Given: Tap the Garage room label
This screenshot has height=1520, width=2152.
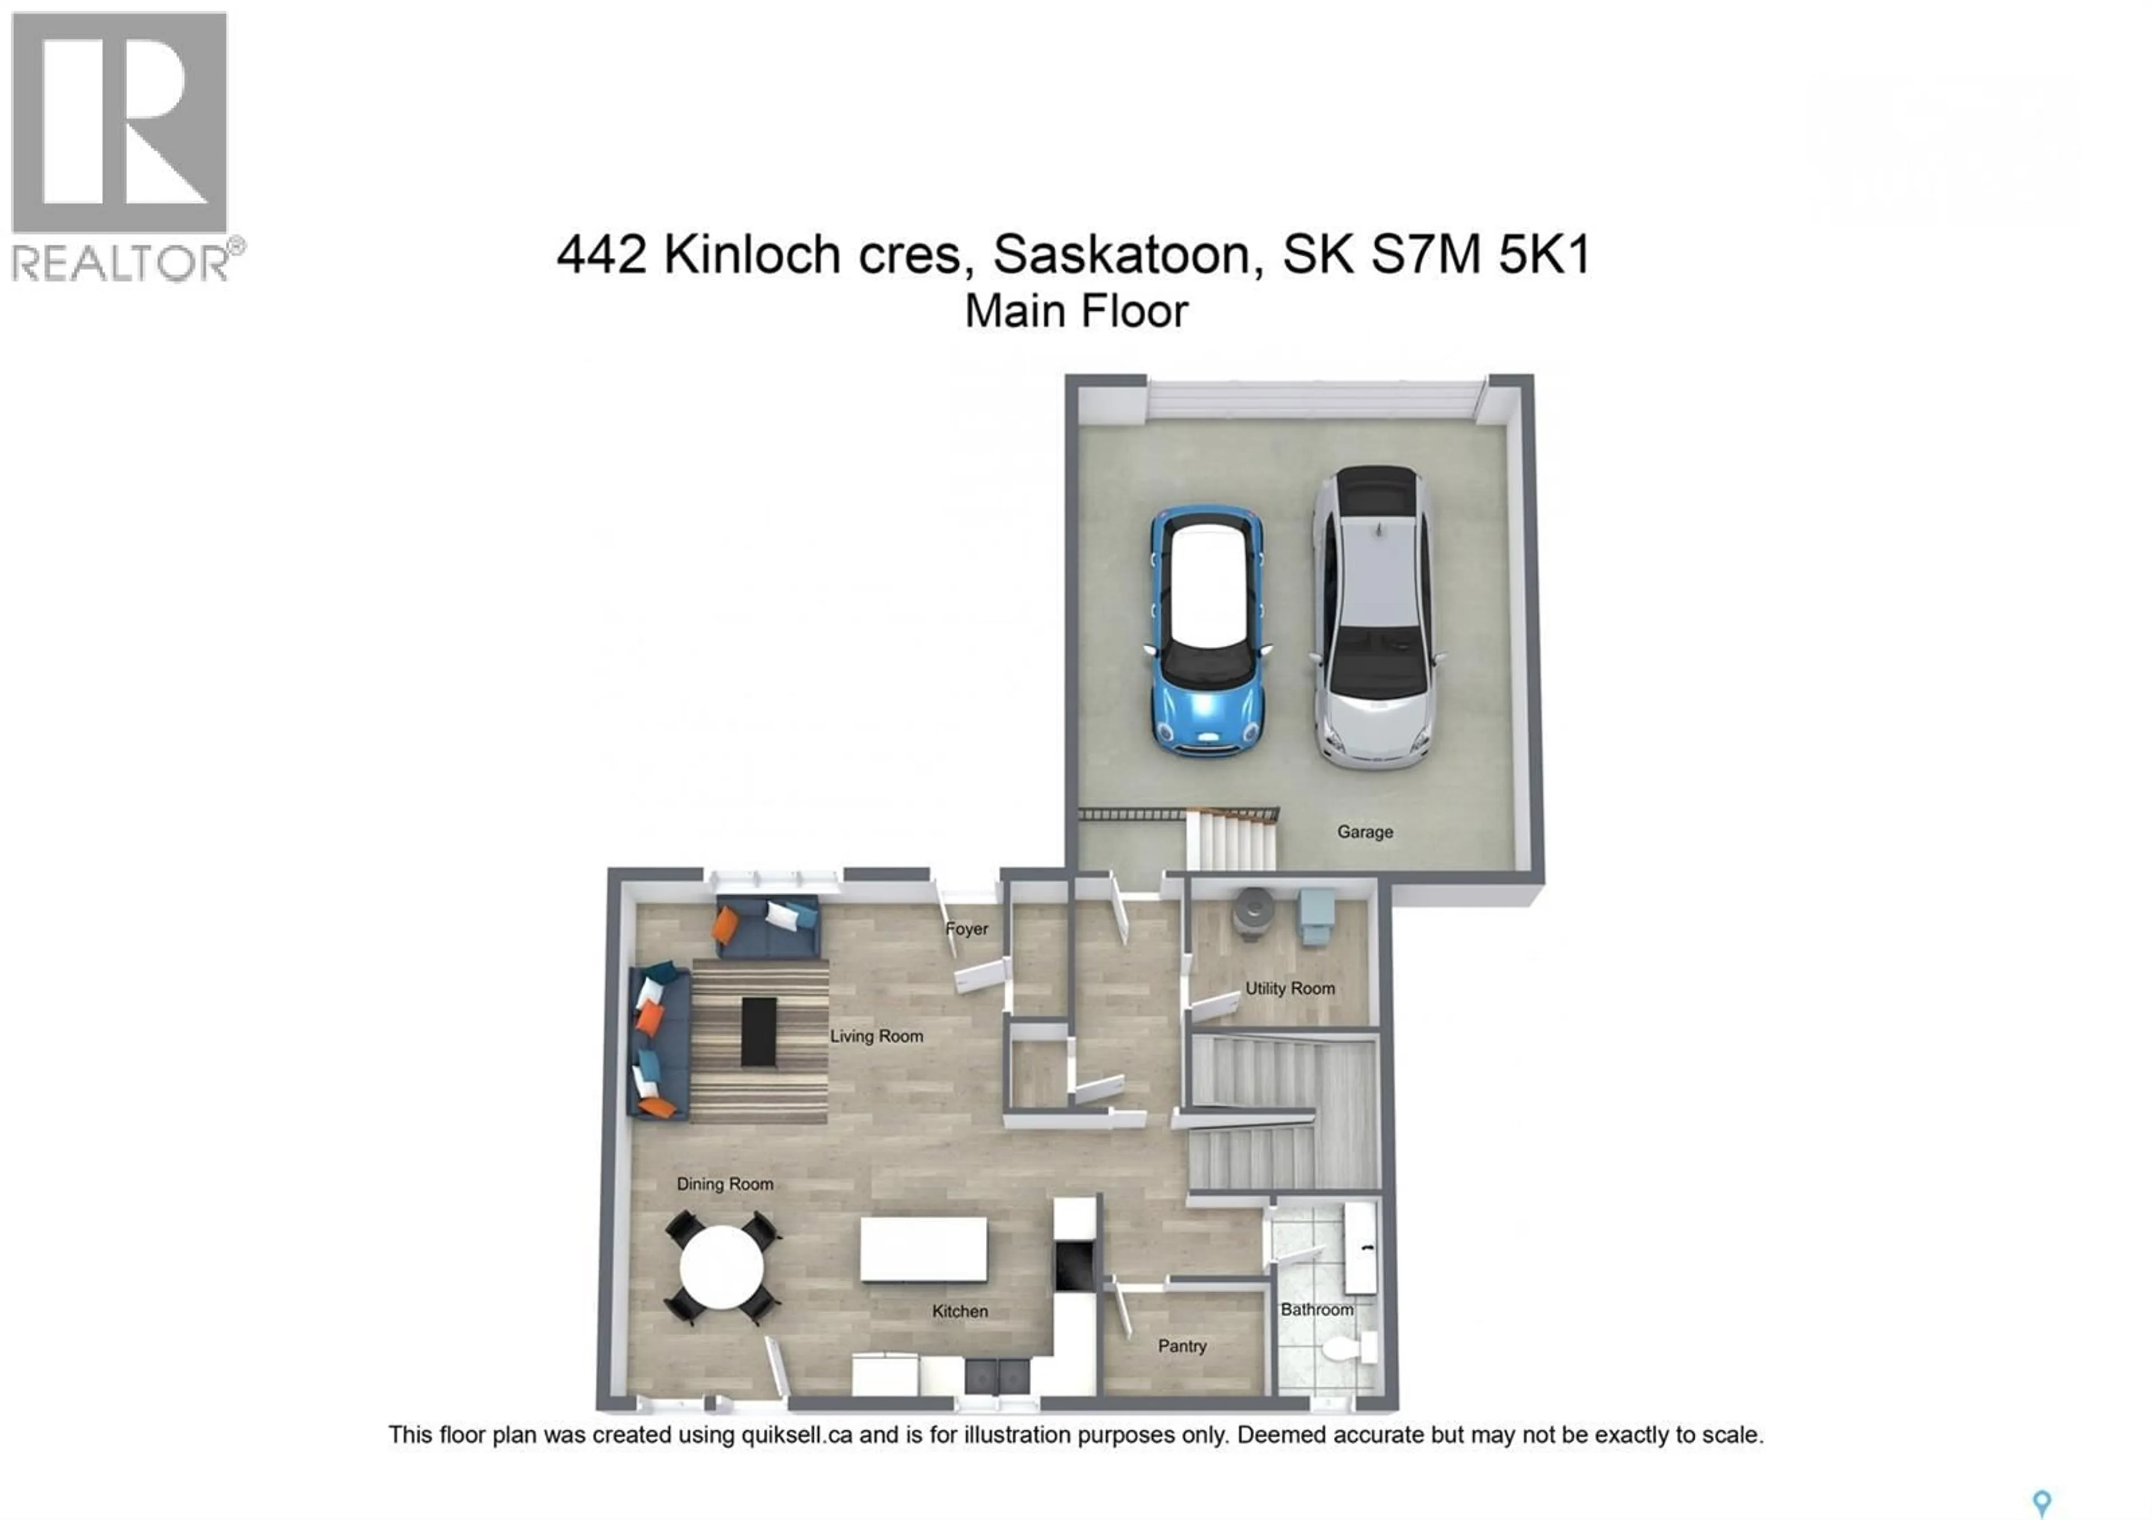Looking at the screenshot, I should coord(1365,832).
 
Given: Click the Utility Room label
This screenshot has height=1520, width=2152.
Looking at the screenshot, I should coord(1290,989).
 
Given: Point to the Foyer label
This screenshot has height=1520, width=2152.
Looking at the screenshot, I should coord(966,929).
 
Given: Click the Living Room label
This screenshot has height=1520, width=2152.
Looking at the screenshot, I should coord(876,1036).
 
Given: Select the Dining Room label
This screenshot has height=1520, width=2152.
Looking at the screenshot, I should coord(725,1184).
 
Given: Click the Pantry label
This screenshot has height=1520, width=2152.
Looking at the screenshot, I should coord(1182,1347).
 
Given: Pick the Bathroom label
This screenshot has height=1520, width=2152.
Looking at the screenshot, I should coord(1317,1310).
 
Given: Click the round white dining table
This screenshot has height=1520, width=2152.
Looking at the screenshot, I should coord(721,1268).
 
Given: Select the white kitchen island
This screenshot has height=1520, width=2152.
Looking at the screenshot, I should coord(923,1249).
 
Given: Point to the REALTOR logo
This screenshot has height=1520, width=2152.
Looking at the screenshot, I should coord(122,145).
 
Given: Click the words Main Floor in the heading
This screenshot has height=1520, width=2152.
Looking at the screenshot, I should coord(1076,312).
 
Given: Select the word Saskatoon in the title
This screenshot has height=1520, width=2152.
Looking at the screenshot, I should coord(1126,255).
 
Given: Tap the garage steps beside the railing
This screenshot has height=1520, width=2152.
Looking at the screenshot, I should coord(1231,841).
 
